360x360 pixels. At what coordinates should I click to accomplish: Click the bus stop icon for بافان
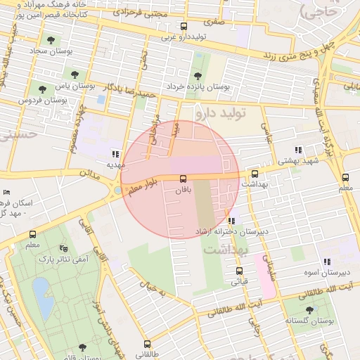pyautogui.click(x=183, y=179)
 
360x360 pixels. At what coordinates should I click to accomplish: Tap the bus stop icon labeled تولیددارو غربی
pyautogui.click(x=184, y=27)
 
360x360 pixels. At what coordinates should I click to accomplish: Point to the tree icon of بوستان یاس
pyautogui.click(x=75, y=73)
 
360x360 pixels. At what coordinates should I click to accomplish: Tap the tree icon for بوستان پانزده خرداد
pyautogui.click(x=197, y=75)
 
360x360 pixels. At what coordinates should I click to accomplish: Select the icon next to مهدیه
pyautogui.click(x=115, y=154)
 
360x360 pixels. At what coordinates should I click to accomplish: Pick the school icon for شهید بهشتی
pyautogui.click(x=298, y=150)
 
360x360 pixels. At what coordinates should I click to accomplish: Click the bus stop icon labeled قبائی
pyautogui.click(x=239, y=271)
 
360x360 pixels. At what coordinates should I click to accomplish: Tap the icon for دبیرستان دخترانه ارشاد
pyautogui.click(x=231, y=221)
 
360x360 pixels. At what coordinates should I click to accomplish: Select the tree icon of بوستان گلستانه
pyautogui.click(x=310, y=309)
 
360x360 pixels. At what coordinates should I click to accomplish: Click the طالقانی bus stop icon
pyautogui.click(x=147, y=344)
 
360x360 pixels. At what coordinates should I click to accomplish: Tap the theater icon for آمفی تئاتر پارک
pyautogui.click(x=64, y=248)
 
